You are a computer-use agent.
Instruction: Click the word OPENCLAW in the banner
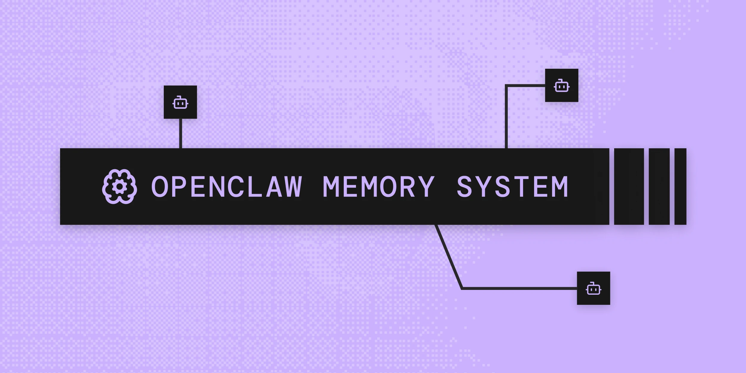point(227,187)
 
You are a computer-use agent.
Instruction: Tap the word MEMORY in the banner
point(378,187)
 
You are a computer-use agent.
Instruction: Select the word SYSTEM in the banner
point(512,187)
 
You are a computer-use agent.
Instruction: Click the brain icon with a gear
point(120,187)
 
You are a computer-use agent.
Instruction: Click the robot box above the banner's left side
point(180,102)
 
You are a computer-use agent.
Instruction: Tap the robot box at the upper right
point(562,85)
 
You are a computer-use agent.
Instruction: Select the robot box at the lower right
point(593,288)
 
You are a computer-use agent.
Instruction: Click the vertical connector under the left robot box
point(181,133)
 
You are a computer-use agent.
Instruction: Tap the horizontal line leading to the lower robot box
point(520,288)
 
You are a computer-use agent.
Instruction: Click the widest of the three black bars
point(629,186)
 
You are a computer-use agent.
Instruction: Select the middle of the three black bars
point(659,186)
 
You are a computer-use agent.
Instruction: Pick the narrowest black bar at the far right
point(680,186)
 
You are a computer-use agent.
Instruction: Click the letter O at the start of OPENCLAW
point(160,187)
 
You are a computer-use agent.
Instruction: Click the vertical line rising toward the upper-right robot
point(506,120)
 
